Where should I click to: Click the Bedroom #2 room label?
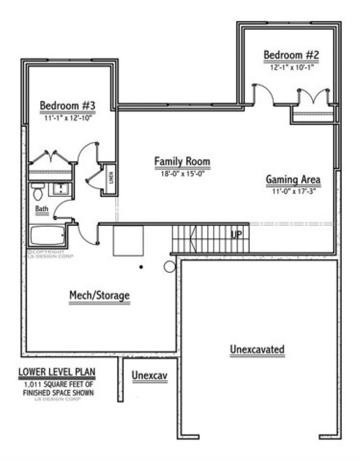[291, 55]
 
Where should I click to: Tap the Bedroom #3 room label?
[67, 106]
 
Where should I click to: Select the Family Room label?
[182, 161]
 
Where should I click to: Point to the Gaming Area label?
[293, 180]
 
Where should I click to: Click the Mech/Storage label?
[100, 295]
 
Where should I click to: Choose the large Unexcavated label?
[257, 349]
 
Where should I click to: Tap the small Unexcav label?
[149, 375]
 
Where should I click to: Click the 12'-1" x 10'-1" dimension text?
[292, 67]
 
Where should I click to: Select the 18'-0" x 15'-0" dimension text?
[182, 174]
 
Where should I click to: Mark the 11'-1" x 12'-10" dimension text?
[68, 118]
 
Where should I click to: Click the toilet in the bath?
[38, 192]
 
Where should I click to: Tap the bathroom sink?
[61, 189]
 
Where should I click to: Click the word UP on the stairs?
[236, 234]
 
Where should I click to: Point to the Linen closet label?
[111, 178]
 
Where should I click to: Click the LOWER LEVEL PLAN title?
[57, 372]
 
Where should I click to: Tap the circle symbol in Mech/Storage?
[169, 267]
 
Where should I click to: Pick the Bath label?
[42, 209]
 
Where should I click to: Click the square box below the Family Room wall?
[128, 241]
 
